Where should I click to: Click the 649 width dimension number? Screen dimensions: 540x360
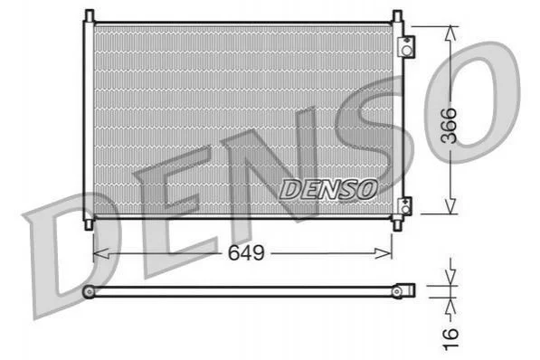pos(246,253)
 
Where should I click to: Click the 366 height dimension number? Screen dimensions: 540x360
pos(449,126)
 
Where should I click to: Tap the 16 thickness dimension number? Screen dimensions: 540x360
pos(450,339)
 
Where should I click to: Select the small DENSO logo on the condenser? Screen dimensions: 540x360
pos(328,189)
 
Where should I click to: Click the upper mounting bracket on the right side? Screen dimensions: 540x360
pos(406,46)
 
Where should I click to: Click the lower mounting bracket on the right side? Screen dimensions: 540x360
pos(405,206)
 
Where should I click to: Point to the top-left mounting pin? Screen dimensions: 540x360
pos(90,16)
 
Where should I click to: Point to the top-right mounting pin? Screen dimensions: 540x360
pos(397,16)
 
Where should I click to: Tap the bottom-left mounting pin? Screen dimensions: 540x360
pos(90,224)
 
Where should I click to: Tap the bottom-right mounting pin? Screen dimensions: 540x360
pos(397,225)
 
